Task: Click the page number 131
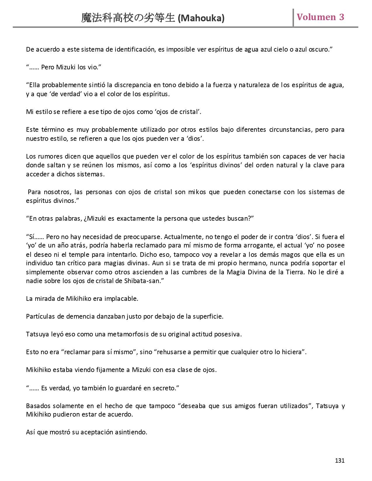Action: click(x=340, y=461)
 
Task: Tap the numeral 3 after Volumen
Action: click(x=341, y=17)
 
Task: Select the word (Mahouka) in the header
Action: click(x=201, y=18)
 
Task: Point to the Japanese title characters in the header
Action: click(x=129, y=18)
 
